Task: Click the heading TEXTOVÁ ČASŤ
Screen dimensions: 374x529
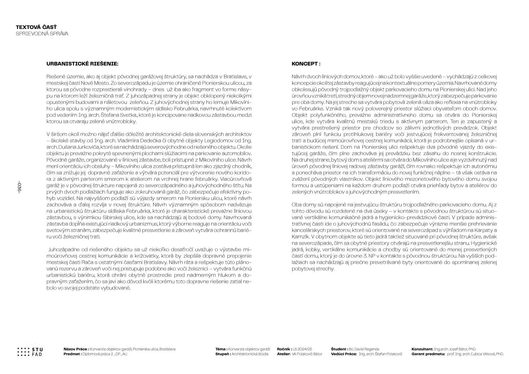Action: pos(36,27)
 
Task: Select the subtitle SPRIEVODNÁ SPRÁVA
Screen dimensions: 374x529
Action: pos(42,34)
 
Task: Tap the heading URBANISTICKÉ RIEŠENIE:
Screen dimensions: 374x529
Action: pos(82,64)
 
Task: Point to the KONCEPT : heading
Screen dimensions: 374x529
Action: pos(306,64)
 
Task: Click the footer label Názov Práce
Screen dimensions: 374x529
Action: pos(76,349)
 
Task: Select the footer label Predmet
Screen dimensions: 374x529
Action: pos(72,354)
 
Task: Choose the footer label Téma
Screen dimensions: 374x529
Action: pos(221,349)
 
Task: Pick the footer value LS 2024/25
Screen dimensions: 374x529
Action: pos(302,349)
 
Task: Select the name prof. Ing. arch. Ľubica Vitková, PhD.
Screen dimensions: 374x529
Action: pos(475,354)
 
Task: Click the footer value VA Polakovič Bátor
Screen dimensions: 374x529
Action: pos(307,354)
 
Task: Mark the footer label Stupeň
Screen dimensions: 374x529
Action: pos(222,354)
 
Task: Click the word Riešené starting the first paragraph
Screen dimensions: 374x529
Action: pos(55,77)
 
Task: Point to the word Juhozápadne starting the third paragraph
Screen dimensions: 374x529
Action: pos(62,250)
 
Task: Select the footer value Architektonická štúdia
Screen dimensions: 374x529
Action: pos(250,354)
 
